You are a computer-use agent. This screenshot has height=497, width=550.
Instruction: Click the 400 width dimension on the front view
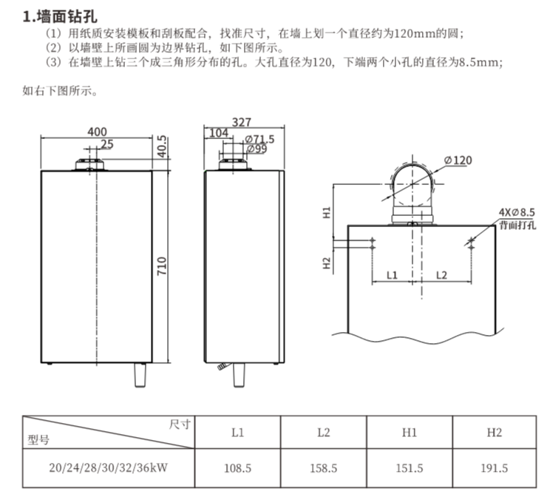[x=97, y=132]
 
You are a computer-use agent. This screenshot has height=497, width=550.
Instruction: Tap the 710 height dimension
[x=162, y=266]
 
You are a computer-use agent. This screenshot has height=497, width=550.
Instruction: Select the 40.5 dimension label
[x=162, y=146]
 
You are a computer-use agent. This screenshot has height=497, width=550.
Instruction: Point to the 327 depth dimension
[x=242, y=122]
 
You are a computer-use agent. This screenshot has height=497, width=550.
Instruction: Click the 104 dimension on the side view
[x=219, y=133]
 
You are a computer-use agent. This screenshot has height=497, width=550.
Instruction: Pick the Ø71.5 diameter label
[x=260, y=139]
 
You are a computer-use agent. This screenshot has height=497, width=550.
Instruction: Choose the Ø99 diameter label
[x=257, y=149]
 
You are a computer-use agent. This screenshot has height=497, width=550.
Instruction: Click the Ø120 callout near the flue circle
[x=458, y=160]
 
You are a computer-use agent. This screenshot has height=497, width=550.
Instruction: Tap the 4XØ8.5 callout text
[x=517, y=212]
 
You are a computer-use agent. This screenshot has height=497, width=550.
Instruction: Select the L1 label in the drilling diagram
[x=392, y=275]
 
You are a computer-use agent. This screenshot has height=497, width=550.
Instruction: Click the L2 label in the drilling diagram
[x=441, y=275]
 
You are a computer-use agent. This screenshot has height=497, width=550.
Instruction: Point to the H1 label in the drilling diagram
[x=327, y=213]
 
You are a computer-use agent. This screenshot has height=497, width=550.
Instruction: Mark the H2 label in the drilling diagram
[x=327, y=263]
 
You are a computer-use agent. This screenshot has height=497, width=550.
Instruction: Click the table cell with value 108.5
[x=238, y=468]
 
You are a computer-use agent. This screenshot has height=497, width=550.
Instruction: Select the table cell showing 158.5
[x=323, y=468]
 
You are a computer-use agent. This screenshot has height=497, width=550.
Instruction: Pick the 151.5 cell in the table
[x=410, y=468]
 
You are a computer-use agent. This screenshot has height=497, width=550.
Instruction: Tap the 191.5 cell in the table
[x=495, y=468]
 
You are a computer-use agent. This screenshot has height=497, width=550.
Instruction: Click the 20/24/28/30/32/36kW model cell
[x=109, y=468]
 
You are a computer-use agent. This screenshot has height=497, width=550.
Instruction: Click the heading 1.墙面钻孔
[x=60, y=16]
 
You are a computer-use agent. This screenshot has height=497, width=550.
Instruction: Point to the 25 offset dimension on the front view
[x=107, y=144]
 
